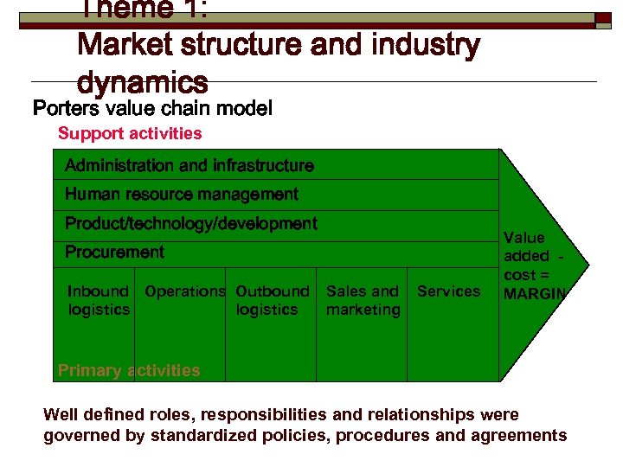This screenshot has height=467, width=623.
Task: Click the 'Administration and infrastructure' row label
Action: [x=189, y=165]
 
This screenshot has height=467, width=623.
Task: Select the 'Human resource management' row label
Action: [x=181, y=195]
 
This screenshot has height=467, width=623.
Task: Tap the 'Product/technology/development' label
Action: [x=190, y=224]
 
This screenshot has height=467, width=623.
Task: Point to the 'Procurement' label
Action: [x=114, y=253]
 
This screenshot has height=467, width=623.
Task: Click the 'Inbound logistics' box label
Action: [x=99, y=300]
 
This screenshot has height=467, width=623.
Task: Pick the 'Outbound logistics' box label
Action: [x=272, y=300]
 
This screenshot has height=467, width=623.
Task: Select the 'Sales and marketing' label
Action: [x=363, y=300]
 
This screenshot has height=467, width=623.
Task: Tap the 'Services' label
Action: [x=448, y=291]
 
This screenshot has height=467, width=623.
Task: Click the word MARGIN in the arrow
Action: [x=535, y=294]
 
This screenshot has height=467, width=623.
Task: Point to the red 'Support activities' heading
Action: [x=130, y=133]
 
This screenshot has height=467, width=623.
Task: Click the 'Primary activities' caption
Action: [x=129, y=371]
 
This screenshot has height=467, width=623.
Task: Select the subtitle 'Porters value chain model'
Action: [x=152, y=109]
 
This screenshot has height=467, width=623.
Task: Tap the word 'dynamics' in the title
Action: [x=142, y=83]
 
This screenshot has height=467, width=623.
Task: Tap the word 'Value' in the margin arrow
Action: [x=524, y=238]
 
